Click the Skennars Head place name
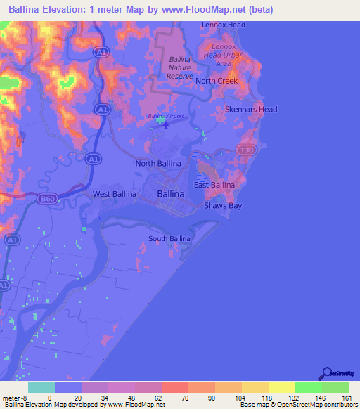point(250,109)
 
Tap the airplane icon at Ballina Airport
point(166,126)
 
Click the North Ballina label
point(158,163)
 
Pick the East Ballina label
point(214,185)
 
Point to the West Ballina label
point(113,193)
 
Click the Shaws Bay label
point(222,206)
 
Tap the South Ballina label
point(169,239)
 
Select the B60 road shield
point(47,199)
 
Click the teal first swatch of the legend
point(41,387)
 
